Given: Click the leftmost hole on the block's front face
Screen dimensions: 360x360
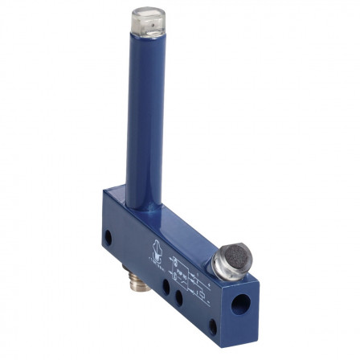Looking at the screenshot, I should [108, 238].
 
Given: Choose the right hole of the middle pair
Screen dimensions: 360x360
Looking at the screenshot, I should [179, 297].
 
